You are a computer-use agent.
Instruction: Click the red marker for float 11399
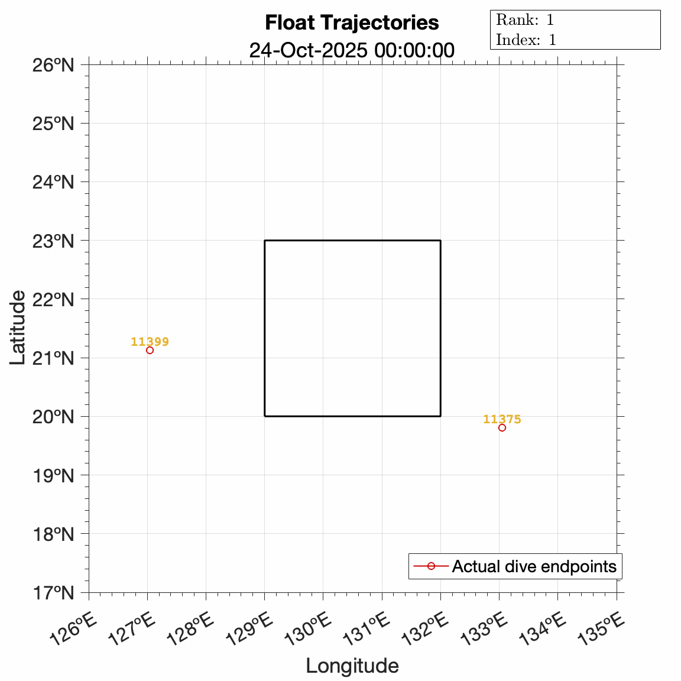click(x=150, y=350)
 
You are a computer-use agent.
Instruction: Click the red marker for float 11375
click(x=502, y=427)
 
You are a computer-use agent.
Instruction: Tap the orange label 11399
click(x=150, y=342)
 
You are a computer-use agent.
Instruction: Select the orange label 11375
click(x=502, y=419)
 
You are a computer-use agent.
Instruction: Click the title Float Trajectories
click(x=352, y=22)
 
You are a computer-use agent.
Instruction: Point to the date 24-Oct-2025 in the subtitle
click(x=309, y=50)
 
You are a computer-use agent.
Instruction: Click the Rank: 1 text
click(x=525, y=20)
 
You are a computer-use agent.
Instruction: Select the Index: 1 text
click(x=526, y=40)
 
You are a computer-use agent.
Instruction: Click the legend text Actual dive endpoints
click(x=534, y=566)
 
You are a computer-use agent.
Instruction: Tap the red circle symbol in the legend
click(x=431, y=566)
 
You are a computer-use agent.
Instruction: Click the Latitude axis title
click(x=18, y=327)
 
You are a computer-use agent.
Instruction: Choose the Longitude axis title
click(x=352, y=666)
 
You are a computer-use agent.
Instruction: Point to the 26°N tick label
click(x=53, y=64)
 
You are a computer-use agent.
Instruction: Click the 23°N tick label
click(x=53, y=241)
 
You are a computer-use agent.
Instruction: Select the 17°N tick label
click(x=53, y=592)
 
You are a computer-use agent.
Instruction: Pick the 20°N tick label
click(x=53, y=416)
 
